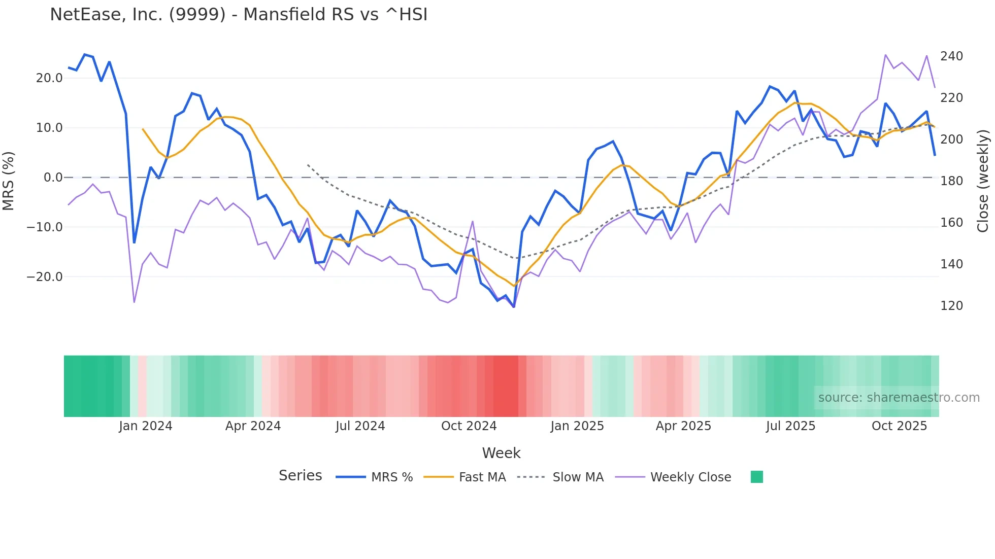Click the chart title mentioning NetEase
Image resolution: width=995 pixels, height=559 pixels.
[239, 15]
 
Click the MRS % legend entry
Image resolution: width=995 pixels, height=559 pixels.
[391, 477]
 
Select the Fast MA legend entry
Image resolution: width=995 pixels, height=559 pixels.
[482, 477]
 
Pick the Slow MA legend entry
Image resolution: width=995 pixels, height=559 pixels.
[578, 477]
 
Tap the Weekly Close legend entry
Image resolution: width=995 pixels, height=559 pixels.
[690, 477]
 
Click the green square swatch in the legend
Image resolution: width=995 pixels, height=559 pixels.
[756, 477]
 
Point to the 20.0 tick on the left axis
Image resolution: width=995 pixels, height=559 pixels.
[49, 78]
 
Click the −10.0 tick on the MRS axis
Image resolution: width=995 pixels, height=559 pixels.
[45, 227]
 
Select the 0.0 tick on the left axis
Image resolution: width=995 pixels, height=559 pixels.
[53, 178]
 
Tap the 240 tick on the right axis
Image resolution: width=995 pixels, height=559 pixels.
[951, 56]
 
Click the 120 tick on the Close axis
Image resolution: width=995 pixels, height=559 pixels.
[951, 306]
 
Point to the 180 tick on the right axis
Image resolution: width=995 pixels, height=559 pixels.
[951, 181]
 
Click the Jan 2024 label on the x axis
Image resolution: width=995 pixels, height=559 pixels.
[146, 426]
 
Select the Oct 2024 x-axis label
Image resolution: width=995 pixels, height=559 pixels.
[469, 426]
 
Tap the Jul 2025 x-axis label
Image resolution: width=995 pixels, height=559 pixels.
[790, 426]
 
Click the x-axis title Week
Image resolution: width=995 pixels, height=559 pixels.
[501, 453]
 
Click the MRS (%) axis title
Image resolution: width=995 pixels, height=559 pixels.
[9, 181]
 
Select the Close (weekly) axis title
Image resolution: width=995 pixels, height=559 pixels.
[983, 181]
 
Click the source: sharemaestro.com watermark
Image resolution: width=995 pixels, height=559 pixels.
[899, 398]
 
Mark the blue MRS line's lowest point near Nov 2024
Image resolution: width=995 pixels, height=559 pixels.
[514, 307]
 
